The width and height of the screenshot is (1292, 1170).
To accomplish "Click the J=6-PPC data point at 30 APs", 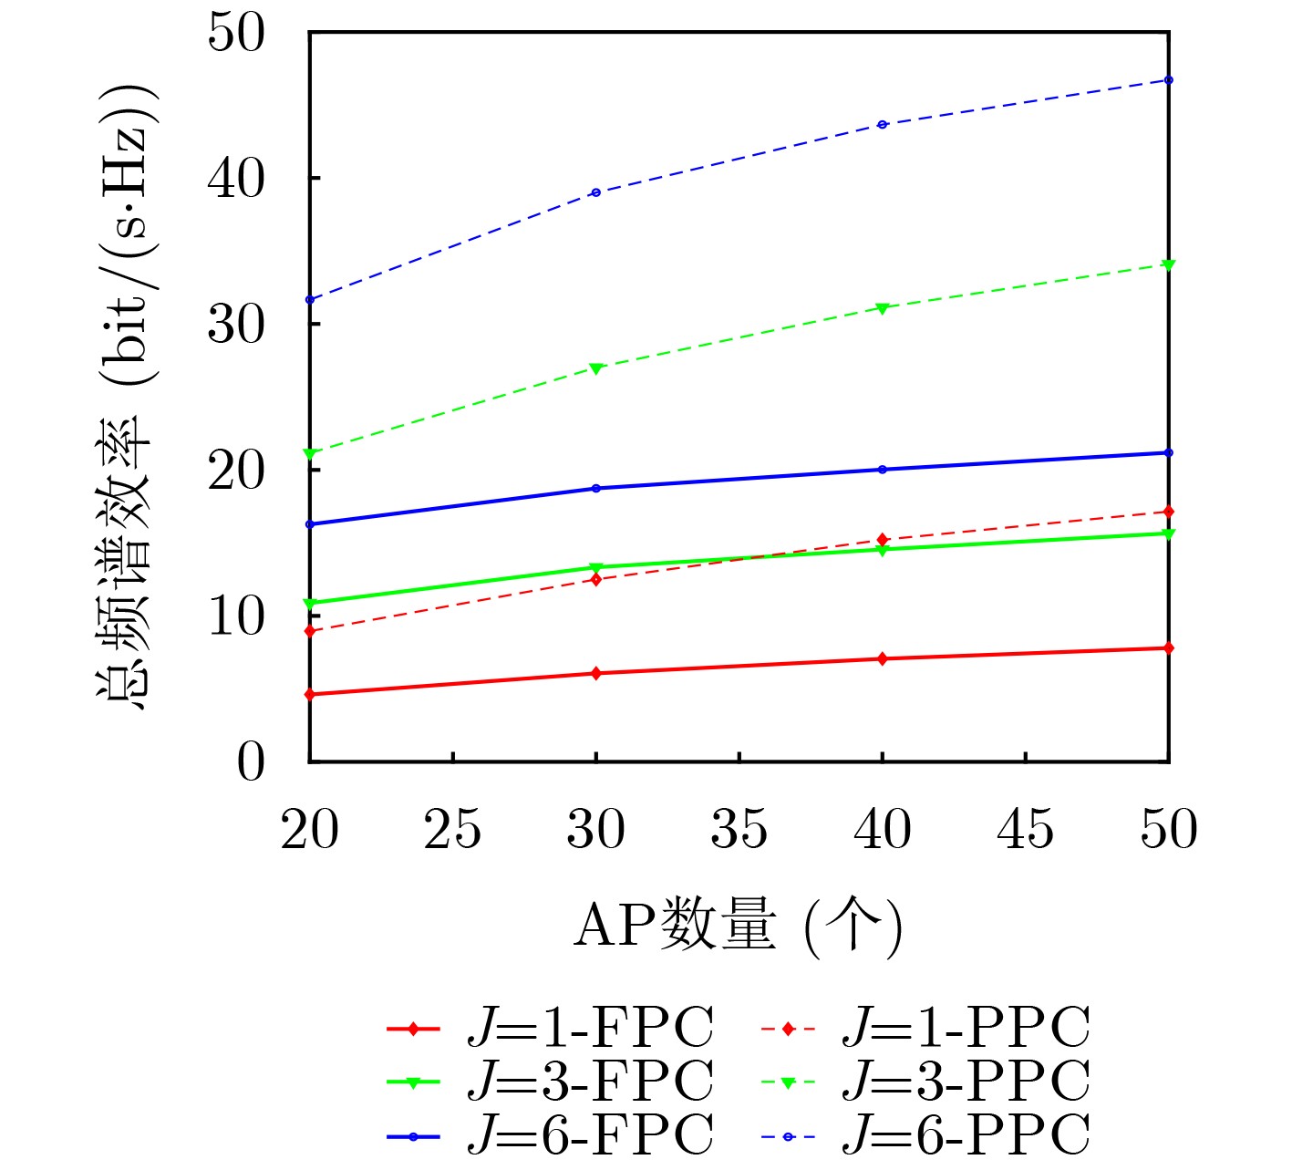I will tap(596, 192).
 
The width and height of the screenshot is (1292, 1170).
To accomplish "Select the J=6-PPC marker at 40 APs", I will tap(883, 124).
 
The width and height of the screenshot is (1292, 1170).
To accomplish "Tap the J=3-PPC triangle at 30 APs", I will tap(596, 368).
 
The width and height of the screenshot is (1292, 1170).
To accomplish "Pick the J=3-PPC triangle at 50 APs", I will tap(1169, 264).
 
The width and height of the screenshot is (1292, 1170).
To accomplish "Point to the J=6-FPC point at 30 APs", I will tap(596, 489).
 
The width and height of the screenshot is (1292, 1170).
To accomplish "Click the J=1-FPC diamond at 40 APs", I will tap(883, 658).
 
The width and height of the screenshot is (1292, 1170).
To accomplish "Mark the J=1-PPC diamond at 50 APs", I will tap(1169, 512).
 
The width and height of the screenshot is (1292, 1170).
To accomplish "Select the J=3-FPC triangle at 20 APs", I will tap(310, 604).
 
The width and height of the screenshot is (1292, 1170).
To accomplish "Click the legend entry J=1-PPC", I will tap(966, 1029).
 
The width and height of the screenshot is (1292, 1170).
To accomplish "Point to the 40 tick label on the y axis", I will tap(236, 179).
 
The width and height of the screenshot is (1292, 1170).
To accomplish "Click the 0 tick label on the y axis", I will tap(251, 761).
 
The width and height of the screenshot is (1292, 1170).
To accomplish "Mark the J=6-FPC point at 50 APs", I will tap(1169, 452).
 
